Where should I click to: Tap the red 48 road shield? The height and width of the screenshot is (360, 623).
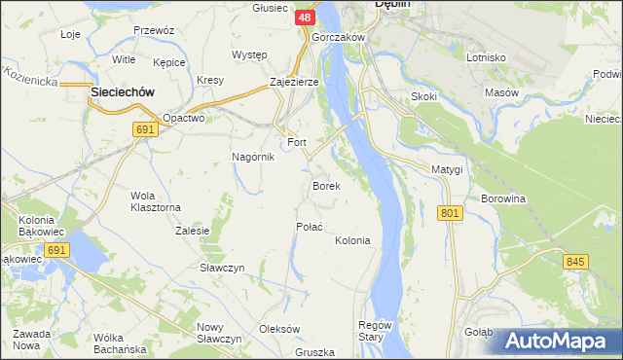pos(305,18)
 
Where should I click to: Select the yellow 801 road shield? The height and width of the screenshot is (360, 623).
pos(449,213)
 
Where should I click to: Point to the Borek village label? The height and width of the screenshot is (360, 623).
pos(325,185)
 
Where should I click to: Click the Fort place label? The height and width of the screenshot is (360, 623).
pos(296,142)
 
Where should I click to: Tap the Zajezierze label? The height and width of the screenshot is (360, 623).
pos(294,82)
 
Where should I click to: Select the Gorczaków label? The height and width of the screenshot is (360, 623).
pos(338,37)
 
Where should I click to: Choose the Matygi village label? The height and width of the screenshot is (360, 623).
pos(447,169)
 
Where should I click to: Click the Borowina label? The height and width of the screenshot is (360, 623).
pos(502,198)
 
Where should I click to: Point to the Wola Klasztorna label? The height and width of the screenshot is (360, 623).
pos(156,201)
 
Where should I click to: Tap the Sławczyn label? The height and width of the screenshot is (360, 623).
pos(221,268)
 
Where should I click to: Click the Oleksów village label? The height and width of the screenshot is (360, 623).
pos(279,329)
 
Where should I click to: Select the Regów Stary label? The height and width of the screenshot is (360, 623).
pos(375,331)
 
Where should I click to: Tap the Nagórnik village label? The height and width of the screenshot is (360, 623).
pos(252,157)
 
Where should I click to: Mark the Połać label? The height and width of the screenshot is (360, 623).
pos(309,226)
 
